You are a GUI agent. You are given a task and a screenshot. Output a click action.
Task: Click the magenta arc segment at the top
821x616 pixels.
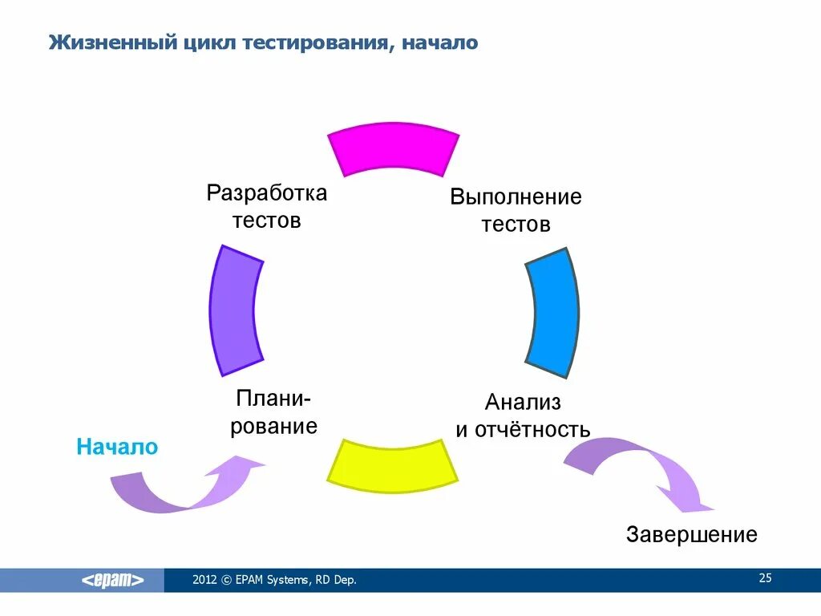(394, 149)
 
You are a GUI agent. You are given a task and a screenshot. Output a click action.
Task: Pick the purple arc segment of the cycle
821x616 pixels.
(235, 311)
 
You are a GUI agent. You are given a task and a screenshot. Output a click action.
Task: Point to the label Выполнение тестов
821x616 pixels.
(516, 210)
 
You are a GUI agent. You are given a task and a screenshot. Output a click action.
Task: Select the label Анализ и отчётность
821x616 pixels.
(523, 415)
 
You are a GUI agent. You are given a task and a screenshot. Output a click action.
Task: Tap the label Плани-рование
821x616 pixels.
(274, 412)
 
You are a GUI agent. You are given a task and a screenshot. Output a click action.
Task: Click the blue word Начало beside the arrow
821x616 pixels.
(117, 447)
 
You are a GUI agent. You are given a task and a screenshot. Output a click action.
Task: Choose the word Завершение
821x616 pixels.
(691, 534)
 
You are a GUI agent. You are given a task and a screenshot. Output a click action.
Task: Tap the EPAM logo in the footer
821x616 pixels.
(113, 581)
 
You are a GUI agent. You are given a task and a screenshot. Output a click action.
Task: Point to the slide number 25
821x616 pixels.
(764, 578)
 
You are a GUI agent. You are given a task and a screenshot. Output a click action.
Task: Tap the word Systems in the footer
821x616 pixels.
(287, 580)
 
